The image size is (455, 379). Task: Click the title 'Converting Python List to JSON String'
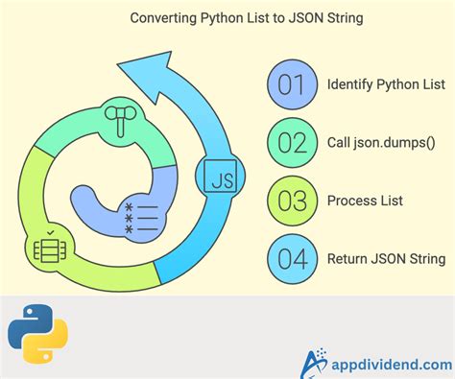point(227,17)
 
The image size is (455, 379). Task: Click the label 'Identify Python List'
point(386,84)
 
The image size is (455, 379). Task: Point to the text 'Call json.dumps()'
point(380,142)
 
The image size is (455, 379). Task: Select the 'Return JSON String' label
point(385,258)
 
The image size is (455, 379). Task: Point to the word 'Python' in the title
point(193,17)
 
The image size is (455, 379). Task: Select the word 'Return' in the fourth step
point(347,258)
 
